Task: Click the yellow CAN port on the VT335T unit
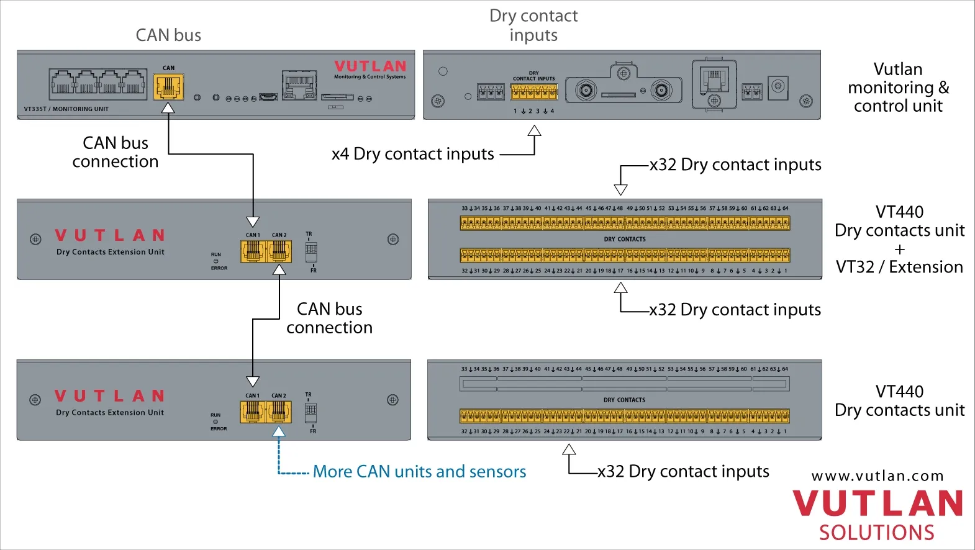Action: click(x=168, y=87)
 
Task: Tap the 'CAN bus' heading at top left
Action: click(x=168, y=35)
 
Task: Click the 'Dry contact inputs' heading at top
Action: click(x=533, y=25)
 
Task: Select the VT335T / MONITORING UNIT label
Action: click(x=66, y=109)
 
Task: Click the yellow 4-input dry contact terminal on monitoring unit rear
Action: click(x=534, y=92)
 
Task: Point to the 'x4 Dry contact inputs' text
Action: click(x=413, y=154)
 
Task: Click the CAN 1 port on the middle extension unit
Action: click(x=253, y=250)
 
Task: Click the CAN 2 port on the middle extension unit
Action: click(x=279, y=250)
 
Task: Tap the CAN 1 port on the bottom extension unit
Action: click(x=252, y=411)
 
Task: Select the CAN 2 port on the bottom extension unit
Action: click(x=279, y=411)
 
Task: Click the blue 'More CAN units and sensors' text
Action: click(x=419, y=472)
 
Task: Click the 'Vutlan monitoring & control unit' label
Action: click(x=898, y=88)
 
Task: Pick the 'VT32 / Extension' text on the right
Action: click(x=899, y=267)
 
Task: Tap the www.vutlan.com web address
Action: click(x=877, y=476)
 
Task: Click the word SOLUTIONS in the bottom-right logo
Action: click(x=876, y=533)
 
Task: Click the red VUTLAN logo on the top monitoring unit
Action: click(x=370, y=66)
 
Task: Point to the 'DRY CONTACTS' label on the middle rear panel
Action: click(x=625, y=239)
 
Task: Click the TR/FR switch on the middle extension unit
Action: click(x=311, y=250)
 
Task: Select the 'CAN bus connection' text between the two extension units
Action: click(x=329, y=318)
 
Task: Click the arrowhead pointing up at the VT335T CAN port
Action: click(x=168, y=108)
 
